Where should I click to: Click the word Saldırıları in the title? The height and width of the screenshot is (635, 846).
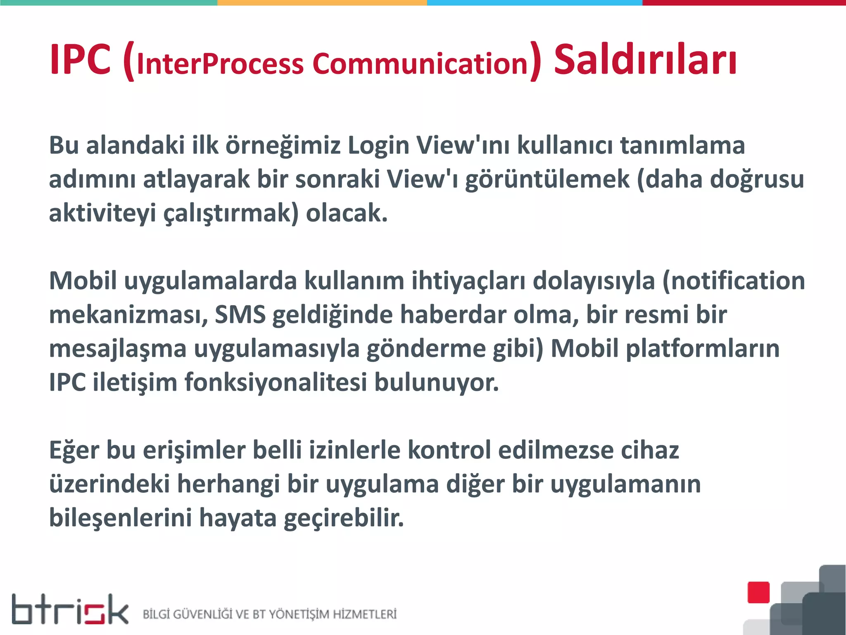pyautogui.click(x=645, y=60)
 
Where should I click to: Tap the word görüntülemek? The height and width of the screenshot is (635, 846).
pyautogui.click(x=547, y=180)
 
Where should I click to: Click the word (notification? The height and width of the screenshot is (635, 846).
pyautogui.click(x=734, y=281)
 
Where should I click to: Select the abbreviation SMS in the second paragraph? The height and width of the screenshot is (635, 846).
pyautogui.click(x=240, y=315)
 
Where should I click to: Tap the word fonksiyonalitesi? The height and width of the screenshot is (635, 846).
pyautogui.click(x=276, y=382)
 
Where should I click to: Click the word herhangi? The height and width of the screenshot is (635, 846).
pyautogui.click(x=228, y=484)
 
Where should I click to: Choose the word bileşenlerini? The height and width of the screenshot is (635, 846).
pyautogui.click(x=121, y=518)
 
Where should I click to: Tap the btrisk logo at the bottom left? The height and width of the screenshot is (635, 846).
pyautogui.click(x=70, y=609)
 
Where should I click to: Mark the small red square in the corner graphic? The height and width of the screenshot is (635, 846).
pyautogui.click(x=758, y=592)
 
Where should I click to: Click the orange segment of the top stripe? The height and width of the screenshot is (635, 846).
pyautogui.click(x=322, y=2)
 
